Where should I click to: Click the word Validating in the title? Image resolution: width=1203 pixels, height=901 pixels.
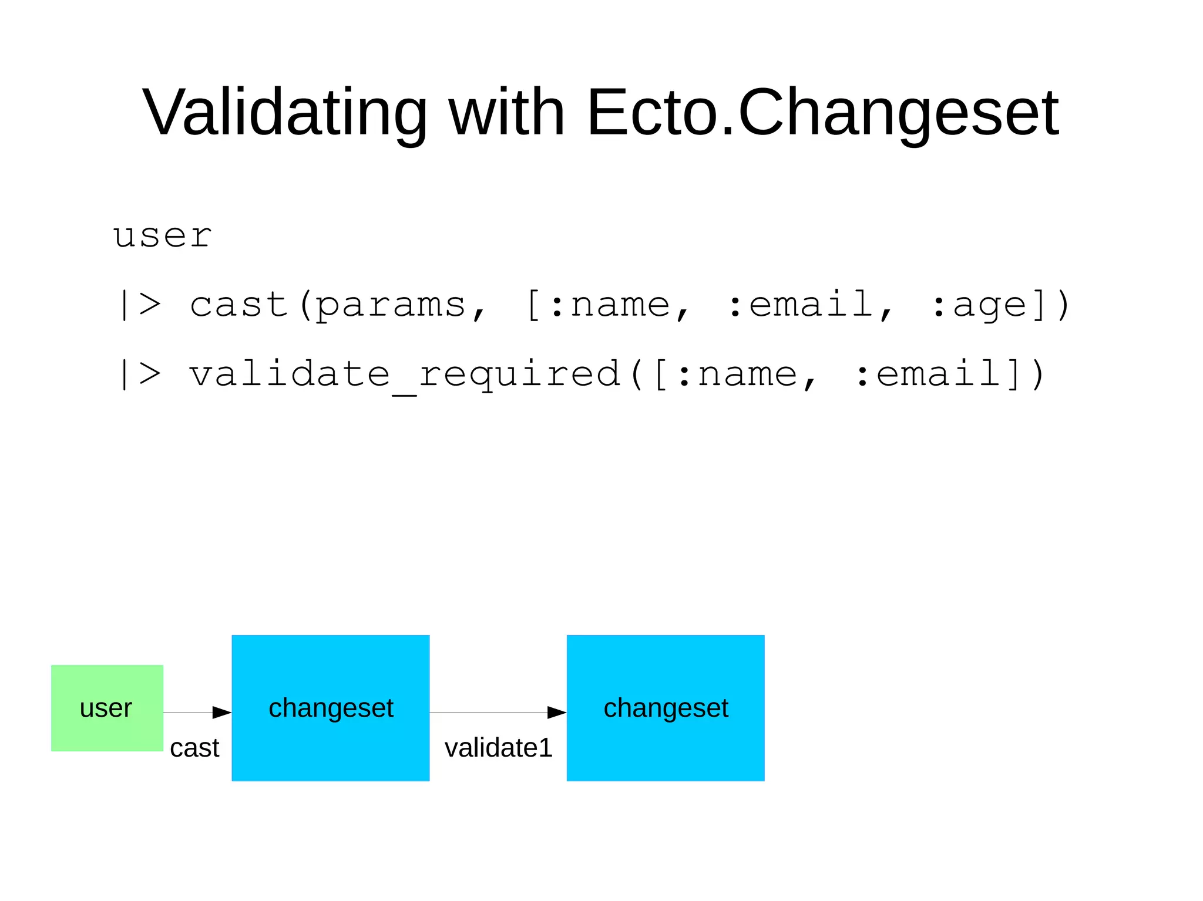click(x=285, y=112)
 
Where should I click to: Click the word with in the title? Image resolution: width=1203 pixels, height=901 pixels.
click(x=506, y=112)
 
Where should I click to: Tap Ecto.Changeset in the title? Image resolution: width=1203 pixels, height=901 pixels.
click(x=822, y=112)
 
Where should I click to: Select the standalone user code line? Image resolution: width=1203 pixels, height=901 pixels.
click(x=162, y=236)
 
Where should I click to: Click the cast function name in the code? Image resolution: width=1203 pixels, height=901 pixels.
click(x=238, y=305)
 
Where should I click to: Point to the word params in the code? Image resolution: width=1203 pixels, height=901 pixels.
click(x=391, y=305)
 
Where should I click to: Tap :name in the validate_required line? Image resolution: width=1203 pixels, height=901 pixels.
click(x=737, y=374)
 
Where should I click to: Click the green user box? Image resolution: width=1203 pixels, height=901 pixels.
click(x=107, y=708)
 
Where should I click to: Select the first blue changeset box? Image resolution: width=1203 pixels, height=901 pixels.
click(x=331, y=708)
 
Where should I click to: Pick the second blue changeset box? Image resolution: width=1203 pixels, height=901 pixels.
click(x=666, y=708)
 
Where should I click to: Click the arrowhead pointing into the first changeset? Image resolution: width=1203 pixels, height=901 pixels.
click(x=221, y=713)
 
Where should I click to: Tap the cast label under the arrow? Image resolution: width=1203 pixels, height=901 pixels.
click(x=194, y=748)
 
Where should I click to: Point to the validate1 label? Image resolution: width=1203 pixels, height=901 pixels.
click(x=498, y=748)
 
